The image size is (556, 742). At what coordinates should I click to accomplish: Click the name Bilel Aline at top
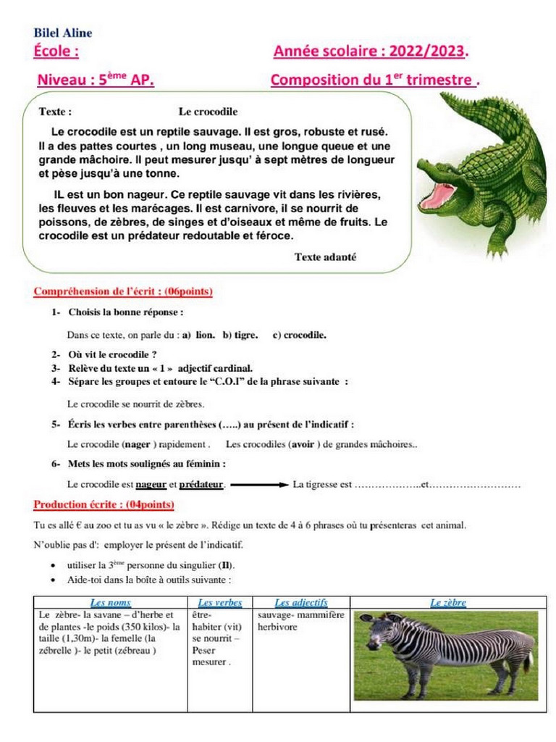63,33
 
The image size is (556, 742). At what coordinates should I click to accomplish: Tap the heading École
56,52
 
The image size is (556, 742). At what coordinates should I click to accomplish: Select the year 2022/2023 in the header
427,52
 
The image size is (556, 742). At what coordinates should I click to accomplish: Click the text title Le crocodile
208,112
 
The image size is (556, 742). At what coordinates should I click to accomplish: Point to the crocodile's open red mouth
438,194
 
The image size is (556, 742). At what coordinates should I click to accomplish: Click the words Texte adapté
325,257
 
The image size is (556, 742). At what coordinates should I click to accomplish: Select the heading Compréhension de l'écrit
123,291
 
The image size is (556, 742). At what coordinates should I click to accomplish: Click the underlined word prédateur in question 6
201,484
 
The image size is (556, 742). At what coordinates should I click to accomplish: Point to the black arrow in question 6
259,484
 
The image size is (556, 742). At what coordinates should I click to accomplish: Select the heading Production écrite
104,504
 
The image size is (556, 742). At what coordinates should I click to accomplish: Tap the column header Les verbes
219,602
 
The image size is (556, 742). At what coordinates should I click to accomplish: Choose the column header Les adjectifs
301,602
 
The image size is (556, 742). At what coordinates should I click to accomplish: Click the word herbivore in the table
277,626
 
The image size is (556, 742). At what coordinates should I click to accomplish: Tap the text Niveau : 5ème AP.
95,80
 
